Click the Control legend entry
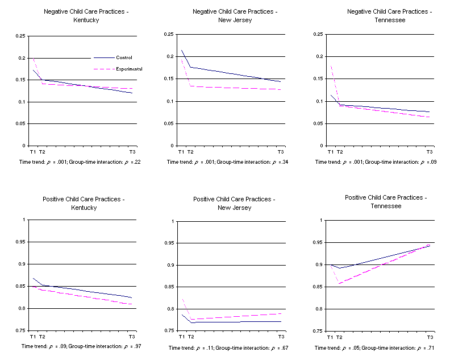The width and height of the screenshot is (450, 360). (x=123, y=57)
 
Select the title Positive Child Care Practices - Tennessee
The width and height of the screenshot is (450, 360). (x=386, y=201)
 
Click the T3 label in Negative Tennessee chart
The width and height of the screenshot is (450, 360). (x=430, y=152)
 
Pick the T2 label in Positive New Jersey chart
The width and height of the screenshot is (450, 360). (x=191, y=337)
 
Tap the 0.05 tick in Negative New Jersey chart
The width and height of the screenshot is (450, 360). (x=169, y=123)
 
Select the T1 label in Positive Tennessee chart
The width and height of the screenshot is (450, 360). (x=330, y=338)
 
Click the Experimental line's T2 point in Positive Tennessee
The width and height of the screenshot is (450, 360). (x=339, y=283)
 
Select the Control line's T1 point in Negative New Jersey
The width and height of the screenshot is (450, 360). (x=182, y=51)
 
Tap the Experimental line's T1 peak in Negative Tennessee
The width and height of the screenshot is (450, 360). (x=331, y=66)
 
